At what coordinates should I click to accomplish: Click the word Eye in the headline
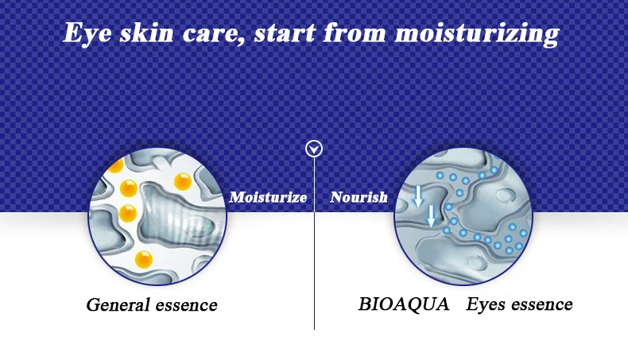87,33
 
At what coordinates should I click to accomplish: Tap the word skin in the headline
146,33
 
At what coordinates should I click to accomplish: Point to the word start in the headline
285,33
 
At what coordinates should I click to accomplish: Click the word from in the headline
355,32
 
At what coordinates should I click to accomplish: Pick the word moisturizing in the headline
477,33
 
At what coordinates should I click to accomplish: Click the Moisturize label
268,197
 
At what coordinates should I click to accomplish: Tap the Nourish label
359,197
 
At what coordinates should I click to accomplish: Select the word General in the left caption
118,304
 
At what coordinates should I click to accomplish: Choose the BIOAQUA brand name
403,304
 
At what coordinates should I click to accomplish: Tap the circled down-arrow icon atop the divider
314,149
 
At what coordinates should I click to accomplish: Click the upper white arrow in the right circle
418,196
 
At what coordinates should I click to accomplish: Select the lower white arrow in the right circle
431,216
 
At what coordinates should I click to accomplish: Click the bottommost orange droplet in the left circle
144,260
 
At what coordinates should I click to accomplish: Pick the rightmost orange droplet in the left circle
183,182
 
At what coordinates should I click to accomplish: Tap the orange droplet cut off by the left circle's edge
116,165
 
